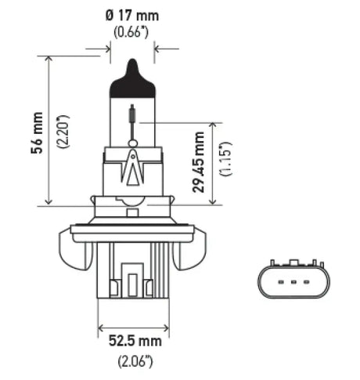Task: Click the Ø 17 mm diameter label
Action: click(131, 15)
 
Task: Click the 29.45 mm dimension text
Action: click(200, 162)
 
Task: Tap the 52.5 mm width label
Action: click(133, 342)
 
